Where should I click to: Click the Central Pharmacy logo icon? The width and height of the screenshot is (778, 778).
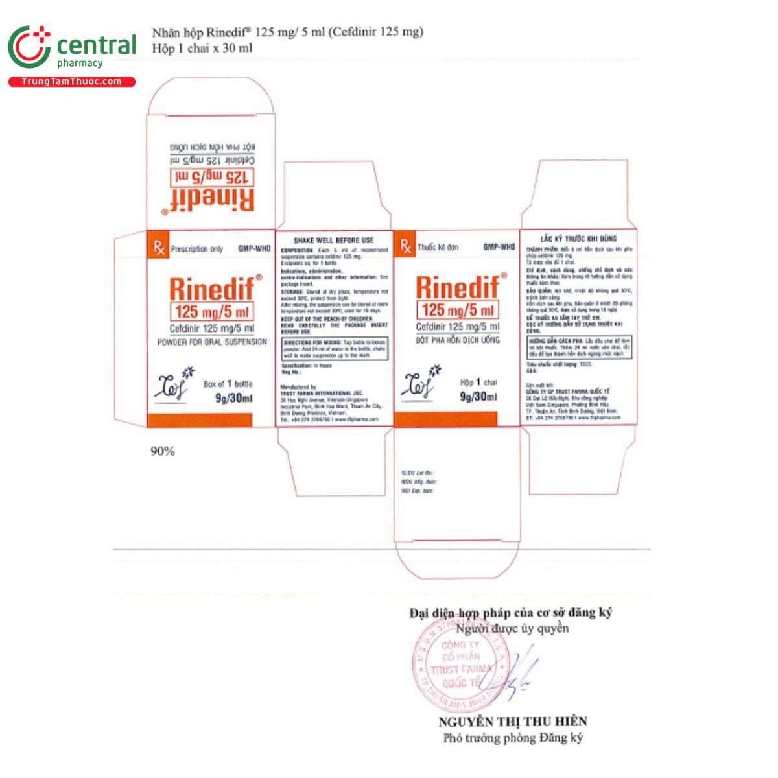pyautogui.click(x=29, y=47)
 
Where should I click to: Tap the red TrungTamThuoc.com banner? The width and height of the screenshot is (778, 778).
pyautogui.click(x=71, y=82)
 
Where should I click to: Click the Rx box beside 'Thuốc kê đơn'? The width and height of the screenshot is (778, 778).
pyautogui.click(x=405, y=247)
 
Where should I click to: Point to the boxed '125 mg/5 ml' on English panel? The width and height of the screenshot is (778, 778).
pyautogui.click(x=211, y=311)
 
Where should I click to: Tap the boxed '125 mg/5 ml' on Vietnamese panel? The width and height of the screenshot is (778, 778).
pyautogui.click(x=458, y=310)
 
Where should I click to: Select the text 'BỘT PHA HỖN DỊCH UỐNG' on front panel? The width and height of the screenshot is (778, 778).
pyautogui.click(x=457, y=340)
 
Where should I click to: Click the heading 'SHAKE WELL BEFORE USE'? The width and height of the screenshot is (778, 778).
pyautogui.click(x=334, y=240)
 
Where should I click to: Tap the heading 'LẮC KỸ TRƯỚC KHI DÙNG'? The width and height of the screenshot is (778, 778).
pyautogui.click(x=578, y=239)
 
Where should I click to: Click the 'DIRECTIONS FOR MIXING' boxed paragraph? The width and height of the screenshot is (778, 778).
pyautogui.click(x=335, y=349)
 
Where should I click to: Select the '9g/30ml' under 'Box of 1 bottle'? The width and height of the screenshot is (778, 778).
pyautogui.click(x=233, y=398)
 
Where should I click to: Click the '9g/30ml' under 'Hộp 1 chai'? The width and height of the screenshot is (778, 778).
pyautogui.click(x=478, y=397)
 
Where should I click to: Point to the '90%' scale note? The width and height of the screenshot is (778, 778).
pyautogui.click(x=163, y=451)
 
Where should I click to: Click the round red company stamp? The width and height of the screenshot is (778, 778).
pyautogui.click(x=457, y=656)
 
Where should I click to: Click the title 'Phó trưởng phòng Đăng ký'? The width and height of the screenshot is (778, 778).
pyautogui.click(x=513, y=738)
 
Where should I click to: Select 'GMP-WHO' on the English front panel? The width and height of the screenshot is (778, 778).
pyautogui.click(x=253, y=248)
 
